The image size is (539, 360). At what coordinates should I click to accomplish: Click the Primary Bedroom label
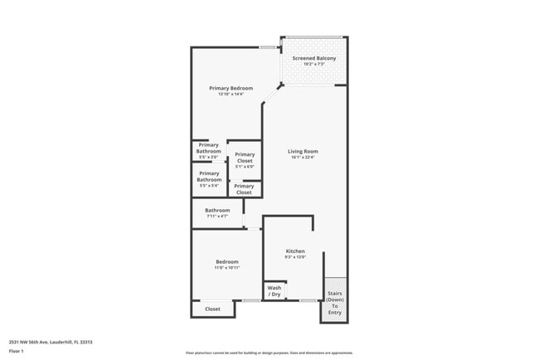(x=231, y=88)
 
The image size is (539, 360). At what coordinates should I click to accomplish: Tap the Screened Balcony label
(x=313, y=58)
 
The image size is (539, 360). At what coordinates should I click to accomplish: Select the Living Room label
(x=303, y=152)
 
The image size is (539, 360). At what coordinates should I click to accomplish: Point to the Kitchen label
(x=295, y=251)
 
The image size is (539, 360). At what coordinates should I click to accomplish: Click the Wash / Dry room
(x=274, y=291)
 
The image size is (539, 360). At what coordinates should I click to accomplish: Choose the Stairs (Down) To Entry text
(x=334, y=303)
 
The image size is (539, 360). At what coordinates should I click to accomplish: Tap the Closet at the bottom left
(x=212, y=309)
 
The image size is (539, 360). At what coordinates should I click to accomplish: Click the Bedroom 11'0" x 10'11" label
(x=227, y=262)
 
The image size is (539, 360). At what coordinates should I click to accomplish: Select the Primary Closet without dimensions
(x=244, y=189)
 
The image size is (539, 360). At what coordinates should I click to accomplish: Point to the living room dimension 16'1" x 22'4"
(x=303, y=158)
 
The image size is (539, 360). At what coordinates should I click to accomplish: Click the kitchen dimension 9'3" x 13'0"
(x=295, y=257)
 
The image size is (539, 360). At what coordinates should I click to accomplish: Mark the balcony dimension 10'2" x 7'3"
(x=313, y=64)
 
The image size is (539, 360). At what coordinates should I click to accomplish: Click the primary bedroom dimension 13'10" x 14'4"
(x=231, y=94)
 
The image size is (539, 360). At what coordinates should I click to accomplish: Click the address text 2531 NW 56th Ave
(x=51, y=342)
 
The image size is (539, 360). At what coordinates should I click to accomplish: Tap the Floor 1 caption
(x=17, y=351)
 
